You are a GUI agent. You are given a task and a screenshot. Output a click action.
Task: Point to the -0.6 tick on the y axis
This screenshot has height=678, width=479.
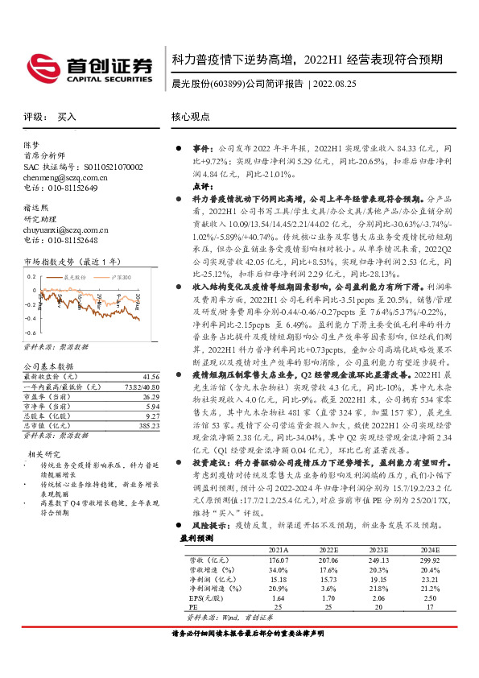[30, 332]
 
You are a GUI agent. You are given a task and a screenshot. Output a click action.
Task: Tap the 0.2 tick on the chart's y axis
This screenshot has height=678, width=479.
[31, 276]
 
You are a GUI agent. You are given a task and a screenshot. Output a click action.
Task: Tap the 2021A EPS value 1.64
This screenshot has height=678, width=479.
[279, 599]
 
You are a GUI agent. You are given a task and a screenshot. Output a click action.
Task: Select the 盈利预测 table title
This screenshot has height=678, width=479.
[196, 537]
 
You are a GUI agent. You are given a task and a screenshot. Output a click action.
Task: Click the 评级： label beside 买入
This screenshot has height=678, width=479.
[35, 117]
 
